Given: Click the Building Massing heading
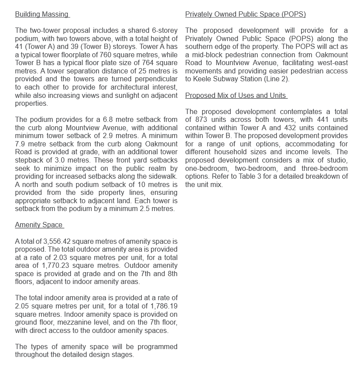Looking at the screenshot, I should tap(42, 14).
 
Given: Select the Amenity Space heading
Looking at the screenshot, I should tap(39, 225).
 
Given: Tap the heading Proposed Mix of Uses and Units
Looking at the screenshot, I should tap(236, 96).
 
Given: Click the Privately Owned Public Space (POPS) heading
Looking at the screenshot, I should tap(245, 14).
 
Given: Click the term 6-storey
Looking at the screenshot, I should tap(165, 31).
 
